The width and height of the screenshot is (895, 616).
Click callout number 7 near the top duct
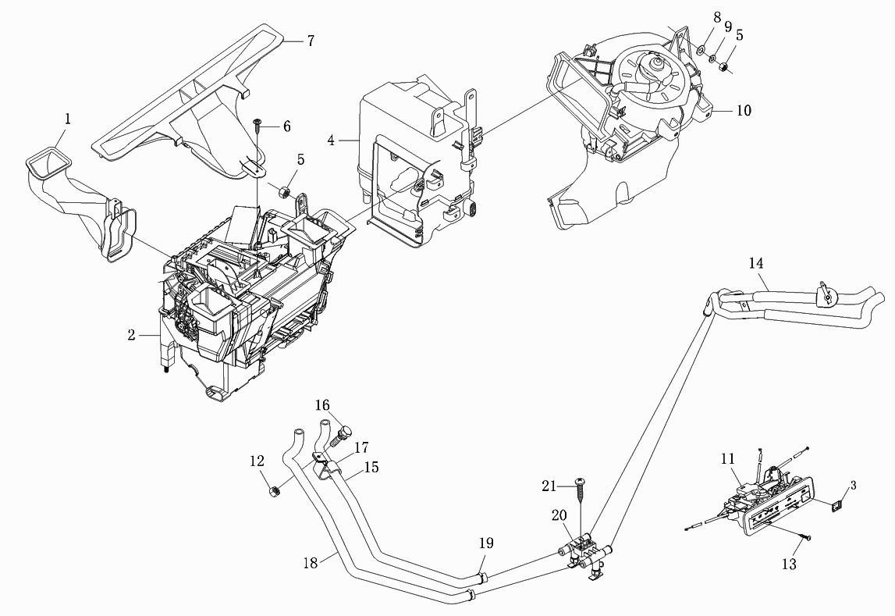coord(311,41)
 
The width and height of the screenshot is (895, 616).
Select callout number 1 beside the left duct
coord(68,119)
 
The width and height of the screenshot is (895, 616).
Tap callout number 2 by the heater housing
coord(131,335)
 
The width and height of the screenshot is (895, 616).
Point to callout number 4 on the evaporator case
coord(332,140)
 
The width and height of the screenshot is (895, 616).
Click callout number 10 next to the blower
coord(744,109)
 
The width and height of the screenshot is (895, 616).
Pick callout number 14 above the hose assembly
coord(756,264)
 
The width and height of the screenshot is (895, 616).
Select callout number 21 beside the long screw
coord(549,486)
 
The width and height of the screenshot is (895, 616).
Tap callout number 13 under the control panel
coord(788,564)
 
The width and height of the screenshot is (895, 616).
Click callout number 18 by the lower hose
coord(311,563)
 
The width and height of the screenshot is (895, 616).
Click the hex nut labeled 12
coord(273,490)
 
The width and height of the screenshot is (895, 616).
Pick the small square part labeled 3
coord(836,504)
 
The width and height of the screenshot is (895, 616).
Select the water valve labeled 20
coord(584,551)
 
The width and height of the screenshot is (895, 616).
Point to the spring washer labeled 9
coord(713,59)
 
